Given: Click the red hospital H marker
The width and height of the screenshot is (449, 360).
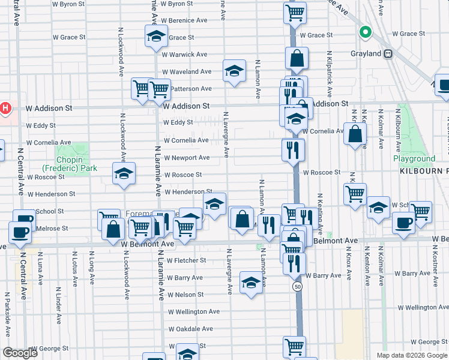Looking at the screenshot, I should pos(5,109).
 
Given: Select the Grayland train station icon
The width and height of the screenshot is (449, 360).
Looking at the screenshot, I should pos(388,53).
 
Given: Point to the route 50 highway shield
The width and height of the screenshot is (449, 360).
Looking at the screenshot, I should pos(298,287).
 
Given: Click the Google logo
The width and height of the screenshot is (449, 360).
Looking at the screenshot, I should pos(20,353).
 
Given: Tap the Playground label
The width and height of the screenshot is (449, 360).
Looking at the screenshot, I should pos(414,159).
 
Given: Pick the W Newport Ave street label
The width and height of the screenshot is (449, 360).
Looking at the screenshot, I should pos(187,158).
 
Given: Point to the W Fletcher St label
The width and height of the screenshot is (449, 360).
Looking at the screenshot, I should pos(187,260).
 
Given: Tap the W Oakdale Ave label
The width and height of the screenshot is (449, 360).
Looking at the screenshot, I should pos(190,329).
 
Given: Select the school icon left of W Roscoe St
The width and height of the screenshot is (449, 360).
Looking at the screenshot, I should pos(124,174).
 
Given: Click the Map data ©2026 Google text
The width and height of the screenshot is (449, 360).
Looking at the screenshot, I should pos(412,355).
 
